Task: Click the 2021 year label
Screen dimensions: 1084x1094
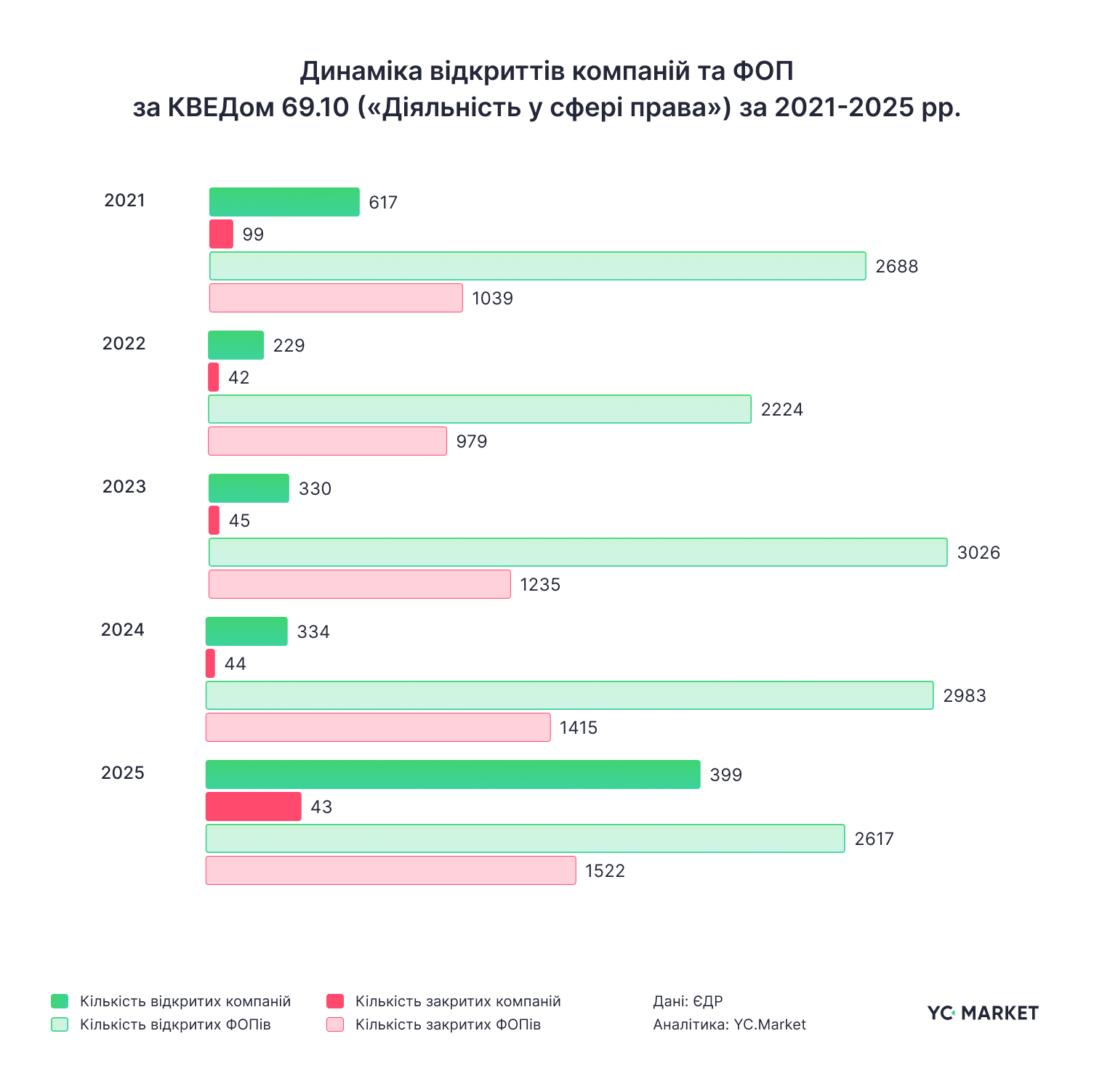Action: coord(124,201)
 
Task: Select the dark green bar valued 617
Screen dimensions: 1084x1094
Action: coord(284,202)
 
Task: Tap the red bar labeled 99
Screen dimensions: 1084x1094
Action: coord(221,234)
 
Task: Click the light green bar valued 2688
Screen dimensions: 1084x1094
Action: coord(537,266)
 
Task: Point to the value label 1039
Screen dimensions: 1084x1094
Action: coord(492,299)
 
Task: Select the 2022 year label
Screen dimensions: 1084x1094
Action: coord(124,344)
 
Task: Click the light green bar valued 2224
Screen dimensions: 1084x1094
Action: coord(479,409)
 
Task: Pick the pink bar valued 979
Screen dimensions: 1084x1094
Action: coord(327,441)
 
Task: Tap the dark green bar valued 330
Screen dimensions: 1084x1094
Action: coord(249,488)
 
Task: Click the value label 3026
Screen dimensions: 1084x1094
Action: coord(978,553)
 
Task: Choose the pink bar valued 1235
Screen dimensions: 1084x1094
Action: coord(359,584)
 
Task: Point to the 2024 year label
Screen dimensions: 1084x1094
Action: coord(122,630)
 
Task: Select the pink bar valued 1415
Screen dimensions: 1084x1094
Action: coord(378,727)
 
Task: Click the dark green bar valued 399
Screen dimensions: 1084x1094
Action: coord(453,774)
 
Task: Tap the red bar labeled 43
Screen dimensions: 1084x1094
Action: coord(253,806)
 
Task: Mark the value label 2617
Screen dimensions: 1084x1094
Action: coord(874,839)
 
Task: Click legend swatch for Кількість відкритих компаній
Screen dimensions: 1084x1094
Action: coord(60,1001)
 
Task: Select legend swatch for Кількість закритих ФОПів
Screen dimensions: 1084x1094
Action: coord(335,1024)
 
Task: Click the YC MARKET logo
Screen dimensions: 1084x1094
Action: coord(983,1013)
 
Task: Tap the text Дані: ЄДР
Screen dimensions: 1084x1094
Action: coord(688,1001)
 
